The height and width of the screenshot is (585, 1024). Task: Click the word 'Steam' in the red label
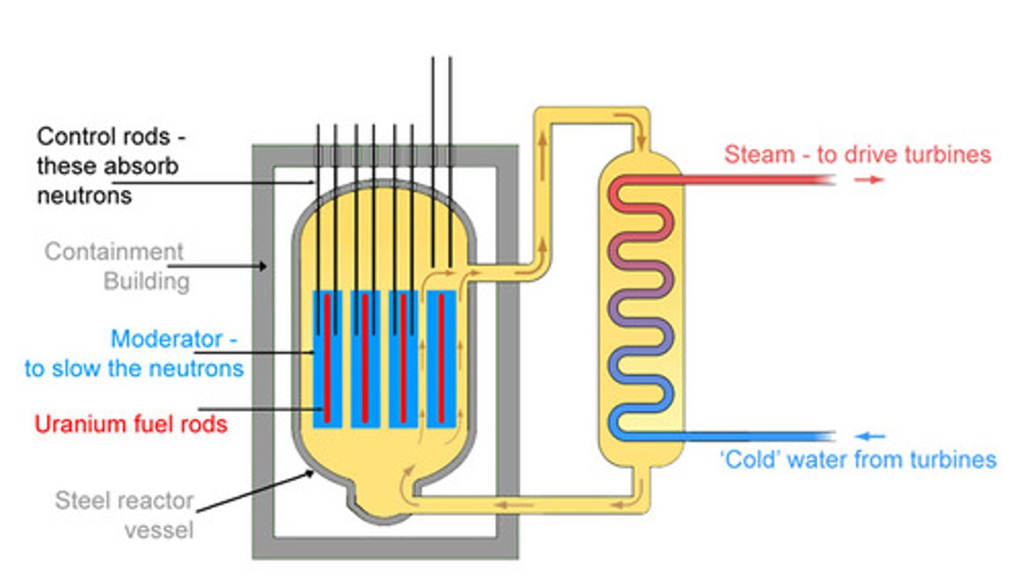[x=759, y=154]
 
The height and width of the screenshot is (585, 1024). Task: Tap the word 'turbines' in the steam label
[x=947, y=154]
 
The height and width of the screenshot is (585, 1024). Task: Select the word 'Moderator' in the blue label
[x=167, y=339]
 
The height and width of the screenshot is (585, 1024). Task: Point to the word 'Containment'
[x=114, y=252]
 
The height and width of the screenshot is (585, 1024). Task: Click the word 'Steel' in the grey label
[x=78, y=500]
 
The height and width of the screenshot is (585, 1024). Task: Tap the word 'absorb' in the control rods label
[x=143, y=166]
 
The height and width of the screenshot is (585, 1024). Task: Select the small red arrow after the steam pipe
[x=869, y=180]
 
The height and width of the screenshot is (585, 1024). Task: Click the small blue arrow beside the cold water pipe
[x=870, y=436]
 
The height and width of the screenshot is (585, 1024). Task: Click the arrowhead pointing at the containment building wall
[x=263, y=266]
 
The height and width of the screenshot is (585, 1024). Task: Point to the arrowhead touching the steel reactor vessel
[x=309, y=474]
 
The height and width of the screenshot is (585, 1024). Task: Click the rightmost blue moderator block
[x=441, y=359]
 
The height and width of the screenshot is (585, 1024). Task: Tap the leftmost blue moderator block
[x=327, y=359]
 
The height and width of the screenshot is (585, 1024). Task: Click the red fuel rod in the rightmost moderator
[x=441, y=358]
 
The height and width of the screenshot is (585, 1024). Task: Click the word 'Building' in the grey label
[x=146, y=281]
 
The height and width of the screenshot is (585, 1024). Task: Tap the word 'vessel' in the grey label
[x=159, y=530]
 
